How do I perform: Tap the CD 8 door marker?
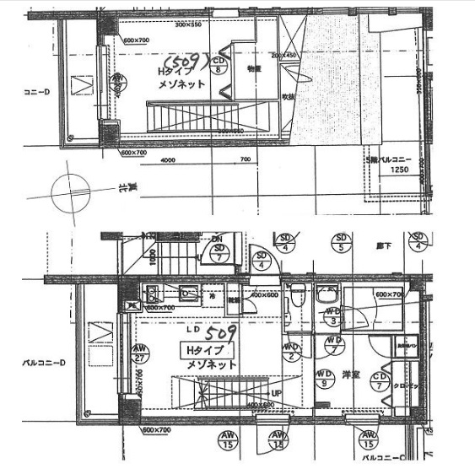[219, 66]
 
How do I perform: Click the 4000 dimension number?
[168, 160]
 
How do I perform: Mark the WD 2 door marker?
[292, 350]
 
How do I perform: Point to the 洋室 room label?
[351, 375]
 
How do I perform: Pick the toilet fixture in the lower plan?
[297, 298]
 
